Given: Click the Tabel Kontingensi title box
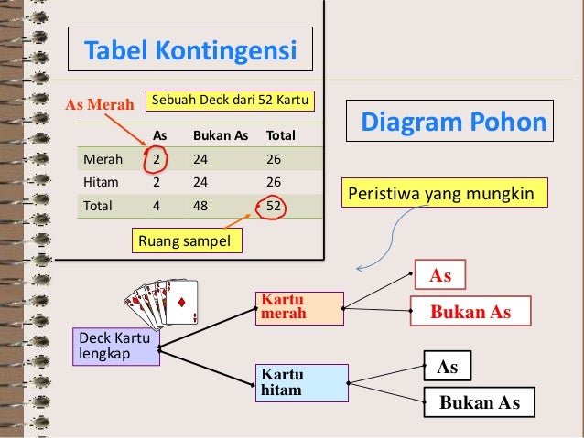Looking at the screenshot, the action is pyautogui.click(x=191, y=49).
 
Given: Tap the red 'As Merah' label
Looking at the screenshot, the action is pyautogui.click(x=98, y=102).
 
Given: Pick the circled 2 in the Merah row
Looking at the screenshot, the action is pyautogui.click(x=157, y=159).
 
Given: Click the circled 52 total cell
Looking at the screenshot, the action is pyautogui.click(x=273, y=206).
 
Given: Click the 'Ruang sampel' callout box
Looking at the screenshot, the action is pyautogui.click(x=189, y=241).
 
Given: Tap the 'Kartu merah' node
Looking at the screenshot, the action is pyautogui.click(x=301, y=308).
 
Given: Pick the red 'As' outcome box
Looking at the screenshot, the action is pyautogui.click(x=440, y=275).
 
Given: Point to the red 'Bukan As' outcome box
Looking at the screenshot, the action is pyautogui.click(x=470, y=312).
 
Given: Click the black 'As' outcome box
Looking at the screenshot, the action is pyautogui.click(x=447, y=367).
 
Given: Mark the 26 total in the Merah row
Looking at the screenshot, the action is pyautogui.click(x=274, y=159).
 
